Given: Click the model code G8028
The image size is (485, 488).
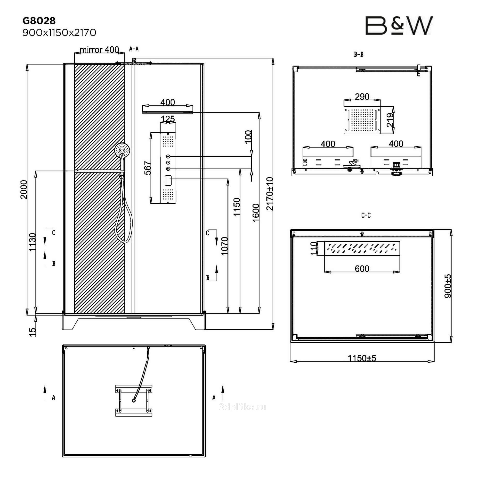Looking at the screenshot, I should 39,21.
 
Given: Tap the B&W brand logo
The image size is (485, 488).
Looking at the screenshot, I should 399,26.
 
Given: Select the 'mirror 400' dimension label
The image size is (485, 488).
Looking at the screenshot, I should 99,50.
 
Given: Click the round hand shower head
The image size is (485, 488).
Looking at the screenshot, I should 122,150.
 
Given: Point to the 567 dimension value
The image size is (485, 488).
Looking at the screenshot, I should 148,168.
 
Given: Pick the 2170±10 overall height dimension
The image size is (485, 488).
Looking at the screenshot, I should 270,194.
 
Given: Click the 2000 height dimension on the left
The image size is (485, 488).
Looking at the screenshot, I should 24,189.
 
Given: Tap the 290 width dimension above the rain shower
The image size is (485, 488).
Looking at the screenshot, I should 362,96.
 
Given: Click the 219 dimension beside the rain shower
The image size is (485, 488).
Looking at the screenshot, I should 390,120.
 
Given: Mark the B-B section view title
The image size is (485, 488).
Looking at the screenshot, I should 358,54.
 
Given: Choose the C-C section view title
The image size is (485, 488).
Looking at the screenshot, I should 366,215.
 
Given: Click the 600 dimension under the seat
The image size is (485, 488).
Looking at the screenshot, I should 362,268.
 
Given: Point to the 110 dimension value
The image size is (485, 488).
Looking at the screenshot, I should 314,248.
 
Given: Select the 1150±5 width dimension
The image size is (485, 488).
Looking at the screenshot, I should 362,358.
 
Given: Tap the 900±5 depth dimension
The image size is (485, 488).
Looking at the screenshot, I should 448,286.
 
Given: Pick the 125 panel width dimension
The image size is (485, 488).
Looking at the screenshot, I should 168,119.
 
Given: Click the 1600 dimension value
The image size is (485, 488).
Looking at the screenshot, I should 256,213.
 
